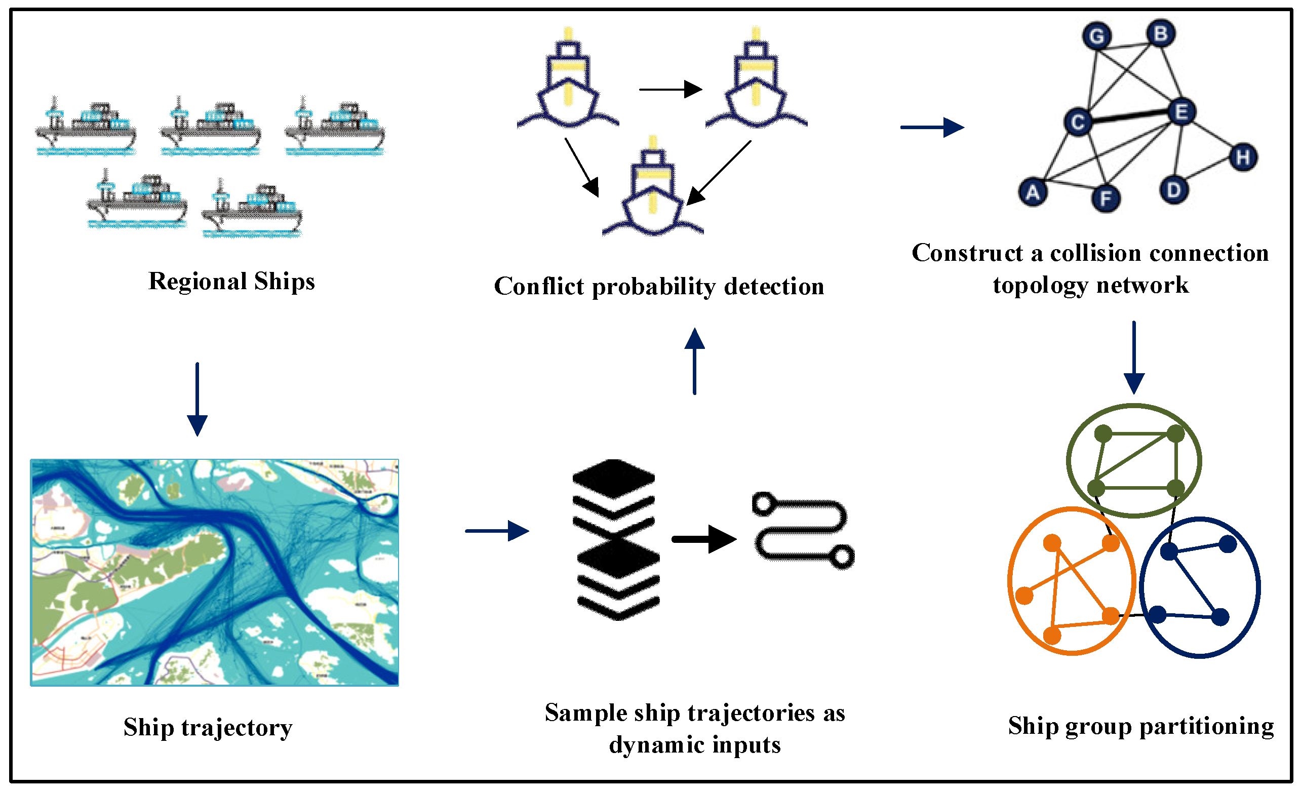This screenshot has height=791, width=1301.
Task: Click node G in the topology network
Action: [x=1096, y=36]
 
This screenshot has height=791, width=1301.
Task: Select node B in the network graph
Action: [x=1160, y=33]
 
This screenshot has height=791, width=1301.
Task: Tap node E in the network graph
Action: [x=1181, y=112]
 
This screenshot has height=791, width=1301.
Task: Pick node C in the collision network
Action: [x=1078, y=122]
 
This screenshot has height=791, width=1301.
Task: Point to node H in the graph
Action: [x=1242, y=157]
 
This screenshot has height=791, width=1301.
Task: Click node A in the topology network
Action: [x=1032, y=192]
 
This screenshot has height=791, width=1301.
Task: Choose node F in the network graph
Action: [x=1106, y=199]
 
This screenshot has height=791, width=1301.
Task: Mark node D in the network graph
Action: [x=1173, y=190]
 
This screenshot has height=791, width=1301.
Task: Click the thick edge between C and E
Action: [x=1130, y=116]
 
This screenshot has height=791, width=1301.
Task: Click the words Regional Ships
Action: [x=231, y=281]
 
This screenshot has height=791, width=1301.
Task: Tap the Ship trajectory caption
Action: [x=208, y=727]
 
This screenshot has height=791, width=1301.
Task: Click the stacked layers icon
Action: [x=616, y=539]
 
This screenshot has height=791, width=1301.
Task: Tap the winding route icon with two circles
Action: [x=803, y=530]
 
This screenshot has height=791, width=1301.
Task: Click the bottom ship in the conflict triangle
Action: [x=653, y=190]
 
